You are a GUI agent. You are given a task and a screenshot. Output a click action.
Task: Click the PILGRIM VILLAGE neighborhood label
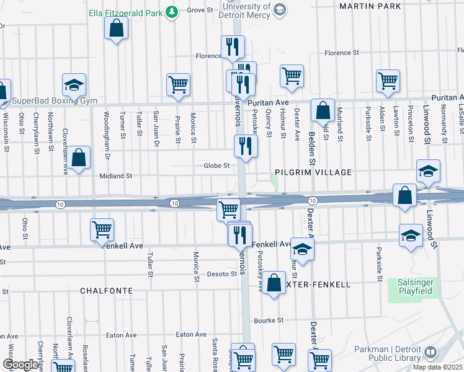[314, 172]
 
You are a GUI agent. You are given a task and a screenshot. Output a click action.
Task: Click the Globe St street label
[217, 166]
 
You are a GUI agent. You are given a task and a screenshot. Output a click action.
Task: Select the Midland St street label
[117, 176]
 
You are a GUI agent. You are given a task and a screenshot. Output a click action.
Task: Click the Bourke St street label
[269, 321]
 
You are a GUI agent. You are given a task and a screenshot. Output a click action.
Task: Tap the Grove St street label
[200, 10]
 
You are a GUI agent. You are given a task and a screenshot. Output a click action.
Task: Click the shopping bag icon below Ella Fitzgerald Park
[116, 28]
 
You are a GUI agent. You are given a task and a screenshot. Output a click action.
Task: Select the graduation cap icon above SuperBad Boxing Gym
[74, 85]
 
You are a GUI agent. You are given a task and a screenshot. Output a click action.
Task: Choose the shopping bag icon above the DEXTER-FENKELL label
[274, 283]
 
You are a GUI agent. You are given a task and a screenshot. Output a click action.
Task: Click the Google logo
[20, 365]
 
